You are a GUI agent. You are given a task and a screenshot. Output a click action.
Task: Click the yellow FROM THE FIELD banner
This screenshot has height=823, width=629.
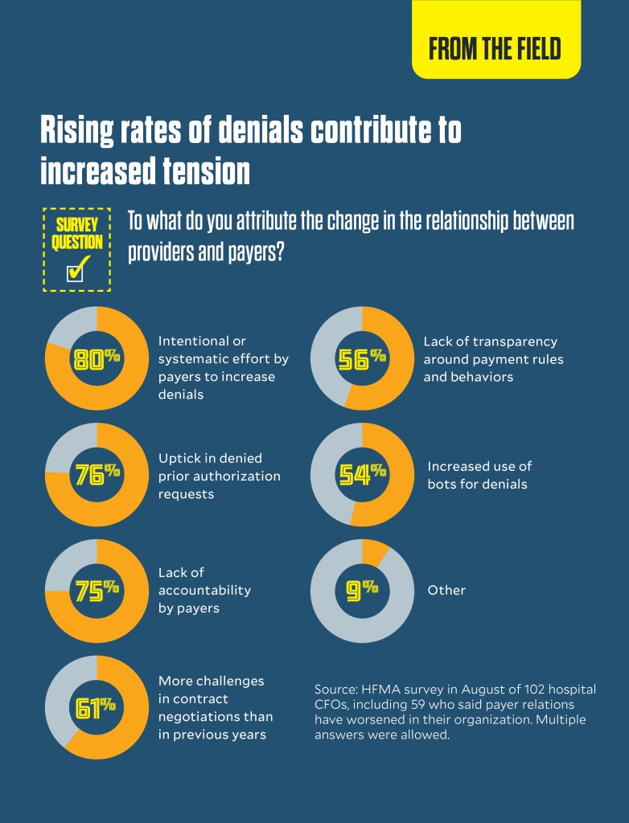[x=495, y=47]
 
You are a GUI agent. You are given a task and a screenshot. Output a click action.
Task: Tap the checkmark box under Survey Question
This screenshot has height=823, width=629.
[x=76, y=272]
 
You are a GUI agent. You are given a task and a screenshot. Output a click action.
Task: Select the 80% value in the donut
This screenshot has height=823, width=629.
[x=96, y=359]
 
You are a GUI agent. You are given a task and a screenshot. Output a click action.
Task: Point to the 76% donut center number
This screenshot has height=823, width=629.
[x=96, y=474]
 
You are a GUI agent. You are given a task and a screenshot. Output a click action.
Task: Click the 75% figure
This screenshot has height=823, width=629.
[x=96, y=590]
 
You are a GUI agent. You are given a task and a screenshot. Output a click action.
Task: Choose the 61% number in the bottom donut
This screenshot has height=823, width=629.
[x=96, y=706]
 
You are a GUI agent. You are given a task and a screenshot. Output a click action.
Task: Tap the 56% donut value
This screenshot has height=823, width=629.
[x=361, y=359]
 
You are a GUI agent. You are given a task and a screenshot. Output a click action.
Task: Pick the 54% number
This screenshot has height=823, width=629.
[x=361, y=474]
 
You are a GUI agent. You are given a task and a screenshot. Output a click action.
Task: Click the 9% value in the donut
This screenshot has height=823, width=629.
[x=361, y=590]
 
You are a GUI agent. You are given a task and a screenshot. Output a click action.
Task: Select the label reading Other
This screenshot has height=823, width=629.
[x=446, y=590]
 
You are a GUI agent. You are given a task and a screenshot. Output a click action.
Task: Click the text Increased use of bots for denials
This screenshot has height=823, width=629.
[x=479, y=474]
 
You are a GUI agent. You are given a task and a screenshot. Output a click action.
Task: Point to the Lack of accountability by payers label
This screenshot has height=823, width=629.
[x=204, y=590]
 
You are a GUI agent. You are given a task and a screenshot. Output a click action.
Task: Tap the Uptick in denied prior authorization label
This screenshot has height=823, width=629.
[x=219, y=476]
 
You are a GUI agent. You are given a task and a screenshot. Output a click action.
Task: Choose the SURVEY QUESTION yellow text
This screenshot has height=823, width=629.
[x=77, y=233]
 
